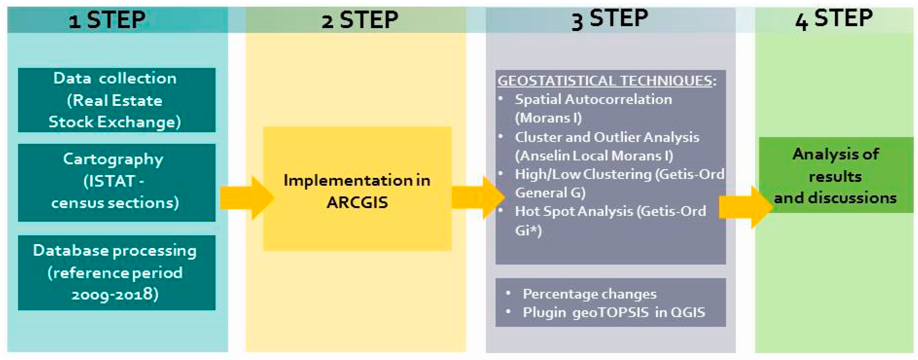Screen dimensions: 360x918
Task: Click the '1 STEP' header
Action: click(x=107, y=20)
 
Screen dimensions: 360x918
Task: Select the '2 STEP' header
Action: click(x=360, y=20)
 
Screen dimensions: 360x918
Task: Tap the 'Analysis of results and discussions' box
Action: click(x=836, y=175)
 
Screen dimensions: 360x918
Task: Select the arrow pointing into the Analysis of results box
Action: click(x=745, y=207)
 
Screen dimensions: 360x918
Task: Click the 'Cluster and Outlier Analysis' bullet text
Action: click(x=607, y=137)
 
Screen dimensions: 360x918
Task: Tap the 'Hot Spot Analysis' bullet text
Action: click(x=610, y=211)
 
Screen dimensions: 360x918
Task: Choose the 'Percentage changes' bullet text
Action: click(x=589, y=294)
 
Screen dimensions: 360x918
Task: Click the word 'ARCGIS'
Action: click(x=357, y=202)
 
